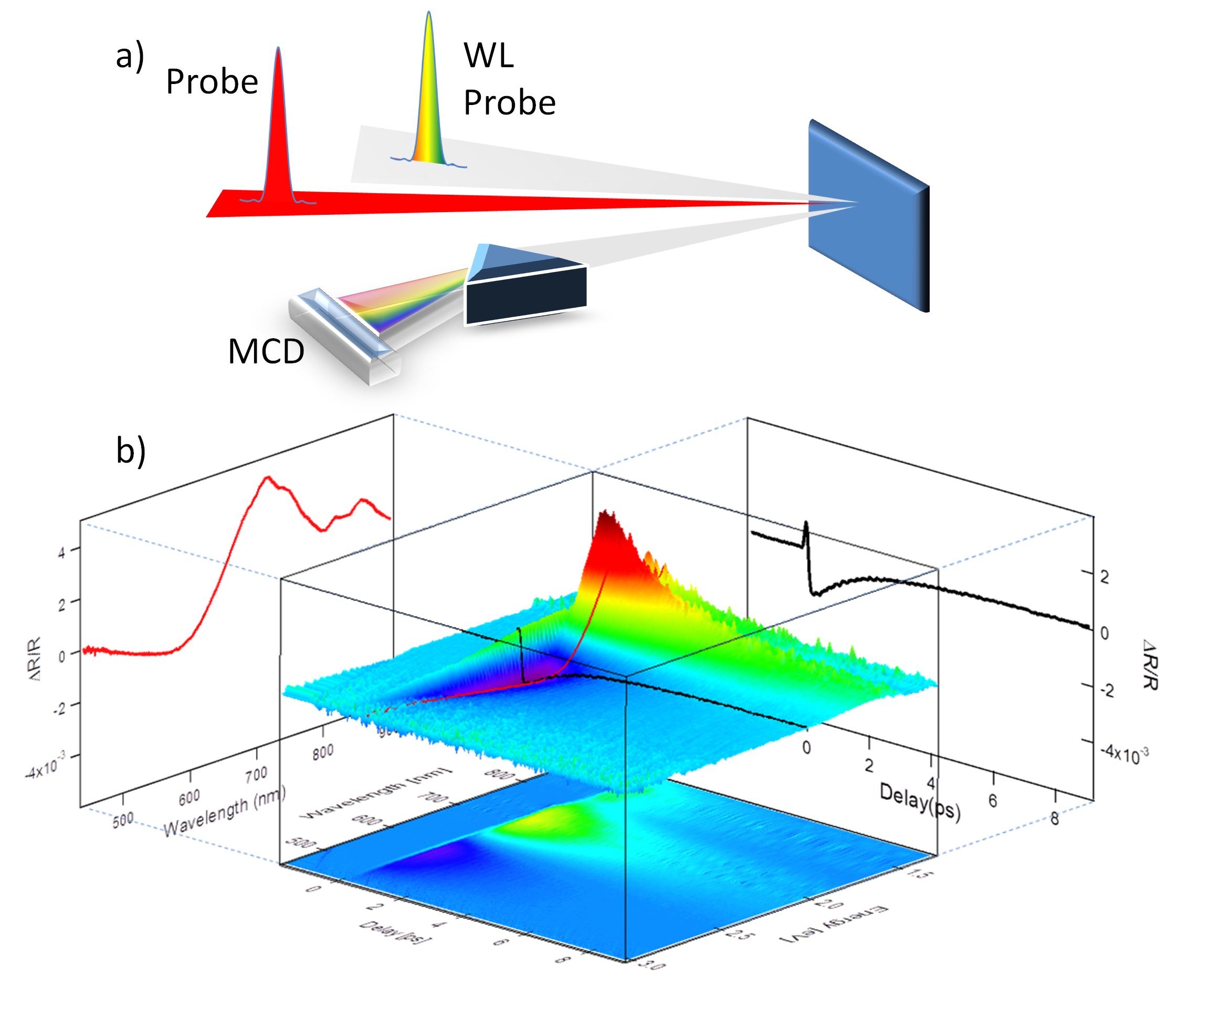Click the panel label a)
tap(129, 57)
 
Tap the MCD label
tap(266, 351)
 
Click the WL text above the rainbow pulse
tap(489, 56)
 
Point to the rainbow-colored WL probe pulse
tap(428, 93)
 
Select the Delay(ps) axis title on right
tap(920, 801)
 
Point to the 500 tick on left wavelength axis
tap(123, 820)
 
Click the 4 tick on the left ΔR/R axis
tap(61, 551)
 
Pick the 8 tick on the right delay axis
tap(1054, 819)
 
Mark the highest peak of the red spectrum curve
tap(268, 478)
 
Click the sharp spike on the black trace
tap(806, 525)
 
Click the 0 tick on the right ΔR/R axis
tap(1104, 633)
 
